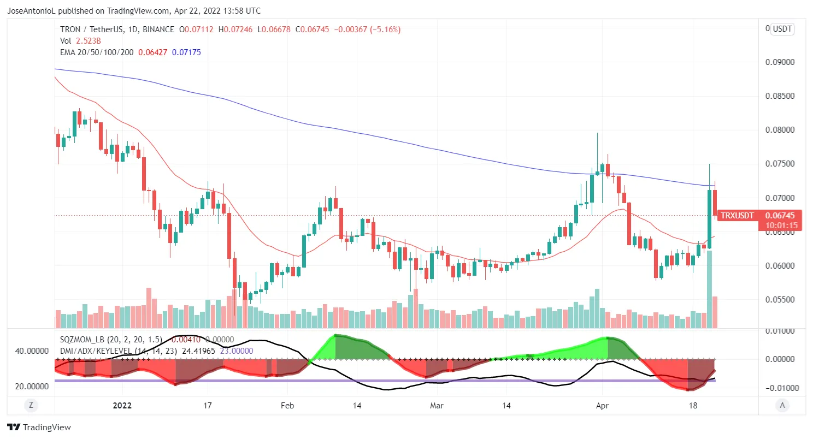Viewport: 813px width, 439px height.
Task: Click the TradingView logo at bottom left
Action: pos(39,428)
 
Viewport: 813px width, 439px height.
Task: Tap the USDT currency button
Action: pos(782,29)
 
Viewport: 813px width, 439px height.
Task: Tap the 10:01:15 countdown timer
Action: pos(782,225)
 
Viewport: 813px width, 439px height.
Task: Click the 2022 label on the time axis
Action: pos(122,406)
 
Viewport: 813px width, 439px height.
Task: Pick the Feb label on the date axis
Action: pos(287,406)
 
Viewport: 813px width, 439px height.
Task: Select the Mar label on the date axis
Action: pos(437,406)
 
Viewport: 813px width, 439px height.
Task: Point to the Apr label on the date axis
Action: pos(602,406)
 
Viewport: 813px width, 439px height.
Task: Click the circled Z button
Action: pos(31,405)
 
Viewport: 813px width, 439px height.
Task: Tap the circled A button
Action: pos(782,405)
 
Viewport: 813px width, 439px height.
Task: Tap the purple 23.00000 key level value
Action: pos(237,351)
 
